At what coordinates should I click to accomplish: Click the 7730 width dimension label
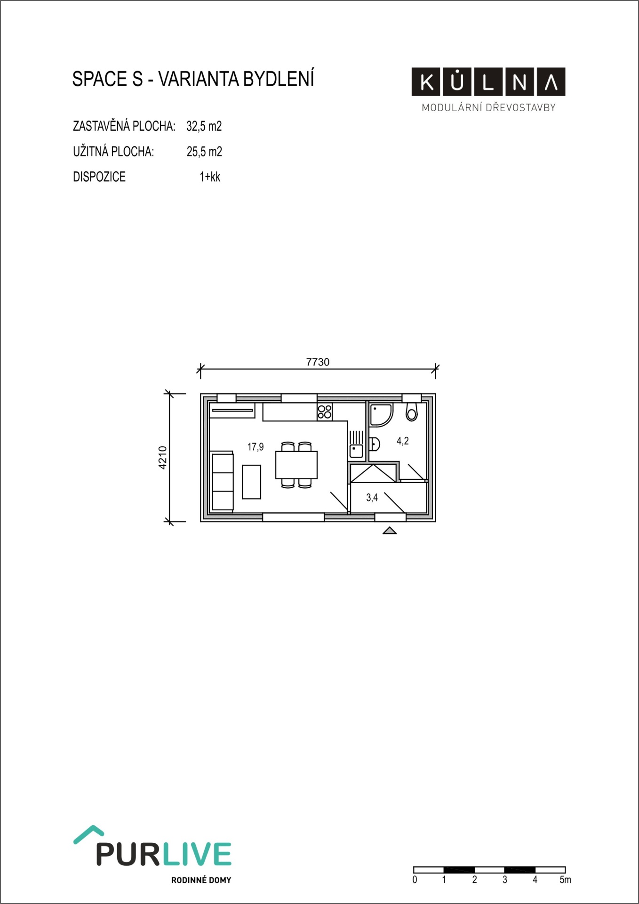coord(318,362)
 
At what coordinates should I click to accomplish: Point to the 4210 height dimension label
coord(162,457)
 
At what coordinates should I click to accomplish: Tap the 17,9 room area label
coord(256,447)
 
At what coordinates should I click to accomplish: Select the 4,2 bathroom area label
coord(403,441)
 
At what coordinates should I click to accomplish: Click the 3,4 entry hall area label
coord(372,498)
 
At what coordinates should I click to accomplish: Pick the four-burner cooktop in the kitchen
coord(325,412)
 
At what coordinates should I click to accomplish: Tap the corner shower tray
coord(381,415)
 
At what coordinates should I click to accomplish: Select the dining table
coord(296,465)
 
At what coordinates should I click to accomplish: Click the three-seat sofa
coord(223,481)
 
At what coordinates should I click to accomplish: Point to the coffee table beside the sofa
coord(252,482)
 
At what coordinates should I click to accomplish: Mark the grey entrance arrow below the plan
coord(390,531)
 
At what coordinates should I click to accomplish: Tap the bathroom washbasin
coord(375,444)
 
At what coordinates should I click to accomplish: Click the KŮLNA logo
coord(488,82)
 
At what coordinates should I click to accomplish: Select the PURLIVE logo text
coord(164,854)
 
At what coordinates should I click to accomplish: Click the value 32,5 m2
coord(204,126)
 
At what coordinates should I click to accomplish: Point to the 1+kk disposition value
coord(210,177)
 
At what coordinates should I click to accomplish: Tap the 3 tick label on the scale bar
coord(505,880)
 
